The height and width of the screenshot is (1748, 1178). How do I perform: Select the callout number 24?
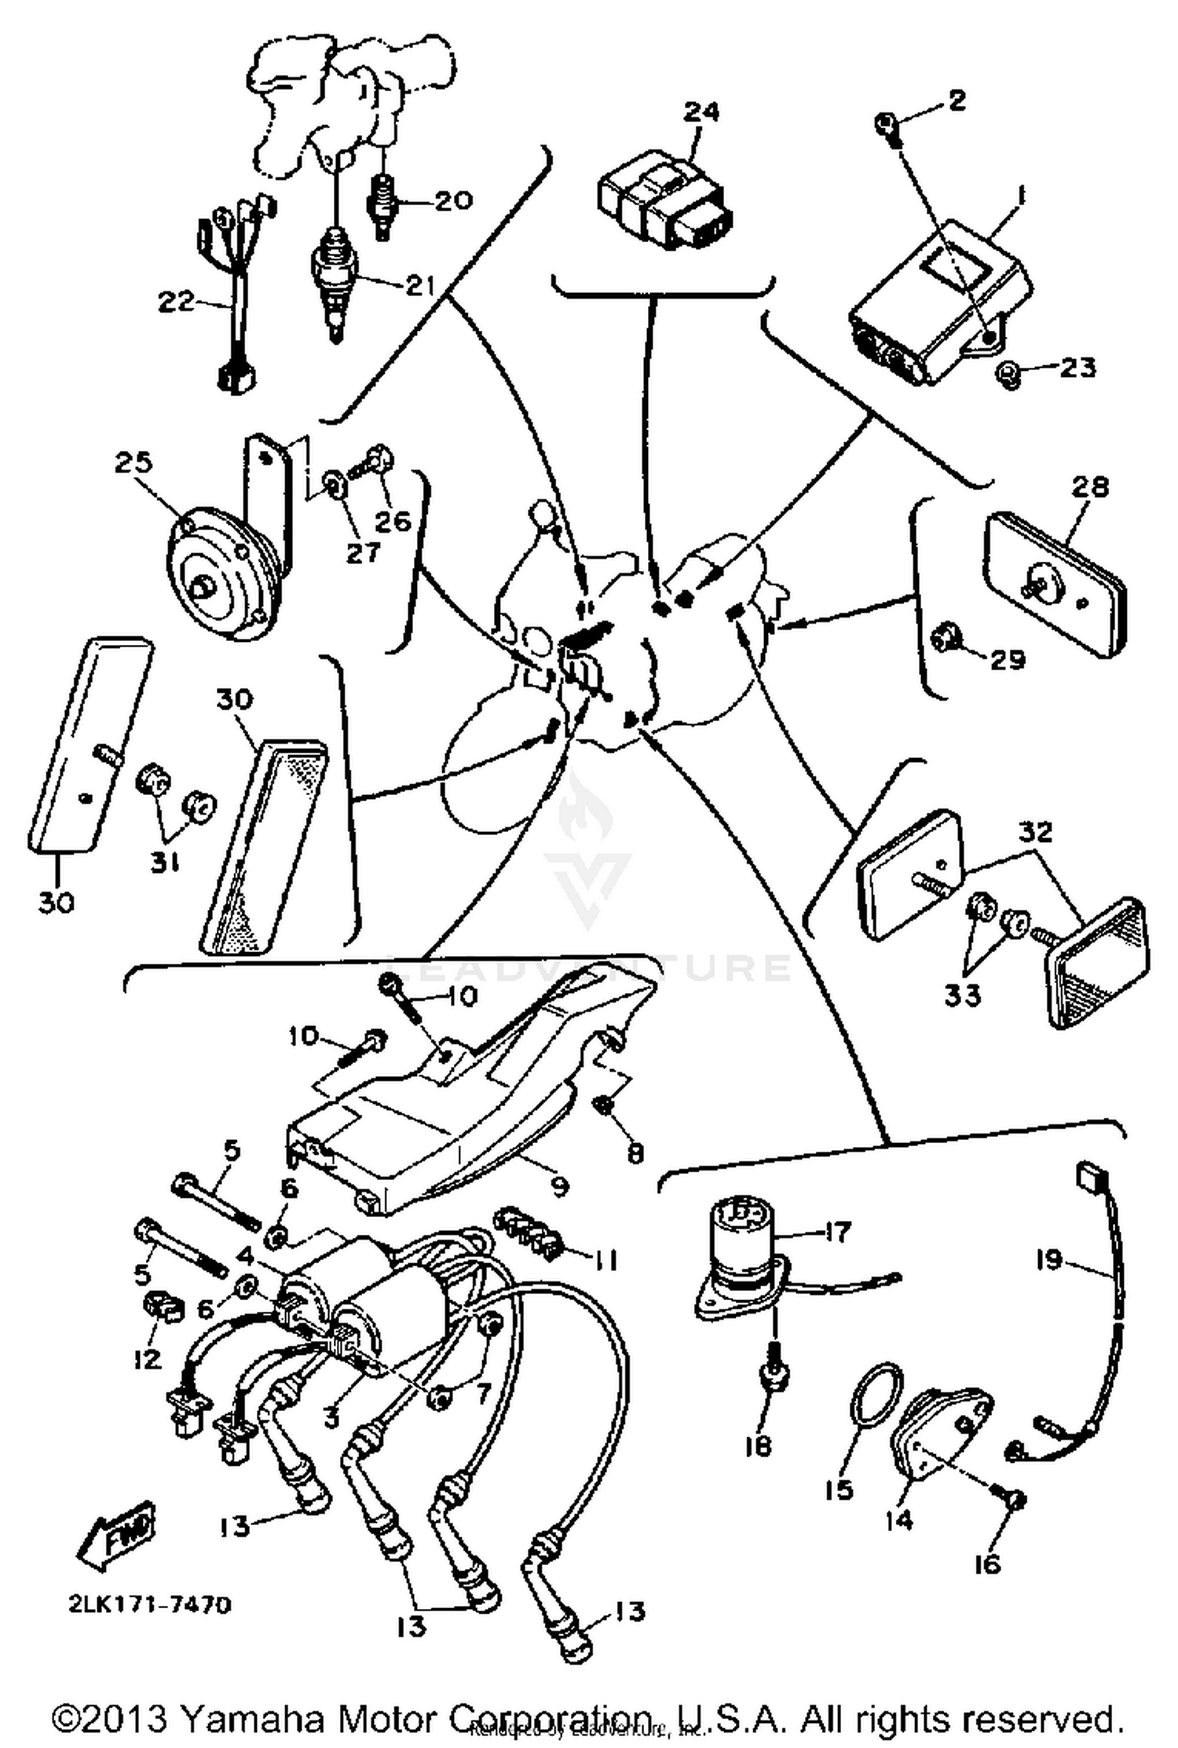pos(701,112)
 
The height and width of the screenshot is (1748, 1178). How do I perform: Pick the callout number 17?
pos(837,1231)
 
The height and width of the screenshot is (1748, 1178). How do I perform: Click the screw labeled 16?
pos(1014,1501)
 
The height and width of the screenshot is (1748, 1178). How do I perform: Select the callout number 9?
pos(559,1185)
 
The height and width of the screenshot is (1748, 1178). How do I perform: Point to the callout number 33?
pos(963,995)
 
